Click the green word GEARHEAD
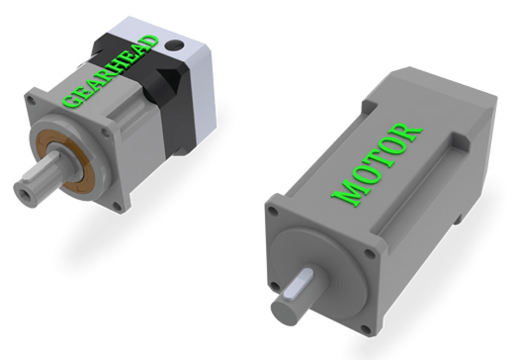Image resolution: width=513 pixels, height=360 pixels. coord(111,71)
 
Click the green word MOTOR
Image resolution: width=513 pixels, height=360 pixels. coord(377,165)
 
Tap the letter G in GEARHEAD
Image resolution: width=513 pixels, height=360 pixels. coord(71,101)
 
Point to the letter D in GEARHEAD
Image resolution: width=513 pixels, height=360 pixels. coord(149,43)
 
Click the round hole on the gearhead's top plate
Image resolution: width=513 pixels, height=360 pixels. coord(175,45)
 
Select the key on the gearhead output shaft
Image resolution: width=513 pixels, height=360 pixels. coord(36,171)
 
